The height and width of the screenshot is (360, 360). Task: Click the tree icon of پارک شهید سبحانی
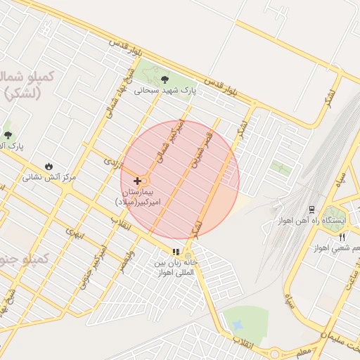165,79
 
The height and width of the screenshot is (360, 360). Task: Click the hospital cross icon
136,181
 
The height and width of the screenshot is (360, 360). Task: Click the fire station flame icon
49,166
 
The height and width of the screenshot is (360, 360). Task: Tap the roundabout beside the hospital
144,181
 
